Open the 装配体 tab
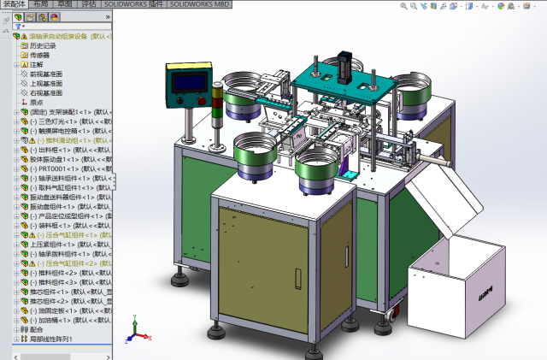pyautogui.click(x=15, y=4)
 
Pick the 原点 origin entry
pyautogui.click(x=37, y=102)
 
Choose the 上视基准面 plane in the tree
pyautogui.click(x=46, y=83)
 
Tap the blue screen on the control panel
pyautogui.click(x=186, y=82)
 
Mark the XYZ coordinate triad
pyautogui.click(x=136, y=329)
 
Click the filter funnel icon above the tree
pyautogui.click(x=18, y=26)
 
